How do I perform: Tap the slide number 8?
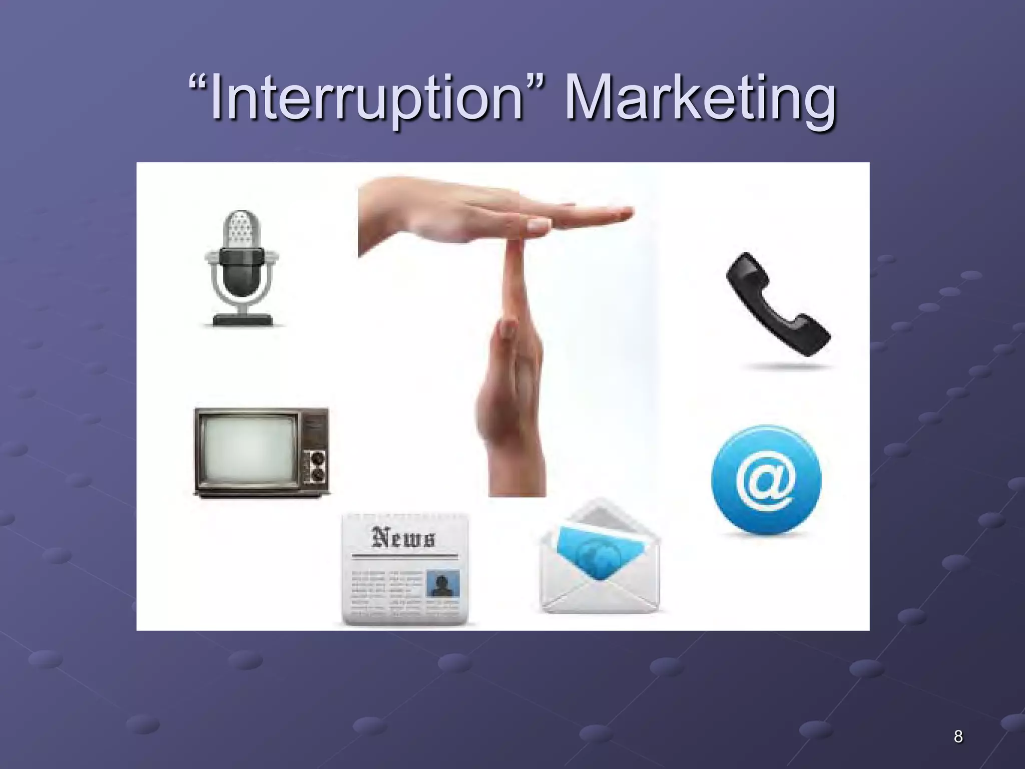(958, 736)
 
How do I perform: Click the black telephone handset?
(777, 305)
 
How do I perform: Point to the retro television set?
(261, 452)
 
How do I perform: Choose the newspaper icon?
(405, 569)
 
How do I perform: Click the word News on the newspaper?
(403, 538)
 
